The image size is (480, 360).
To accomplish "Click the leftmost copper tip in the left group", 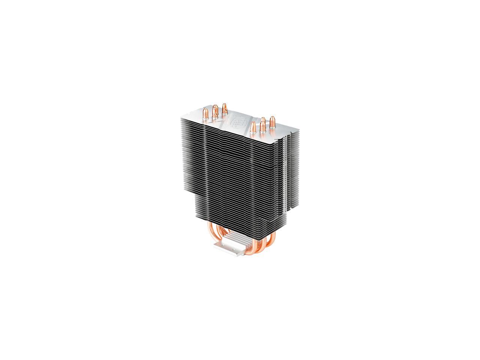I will (x=206, y=113).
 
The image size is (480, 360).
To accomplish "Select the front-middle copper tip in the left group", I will (x=215, y=111).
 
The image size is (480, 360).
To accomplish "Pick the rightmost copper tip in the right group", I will (x=272, y=122).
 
